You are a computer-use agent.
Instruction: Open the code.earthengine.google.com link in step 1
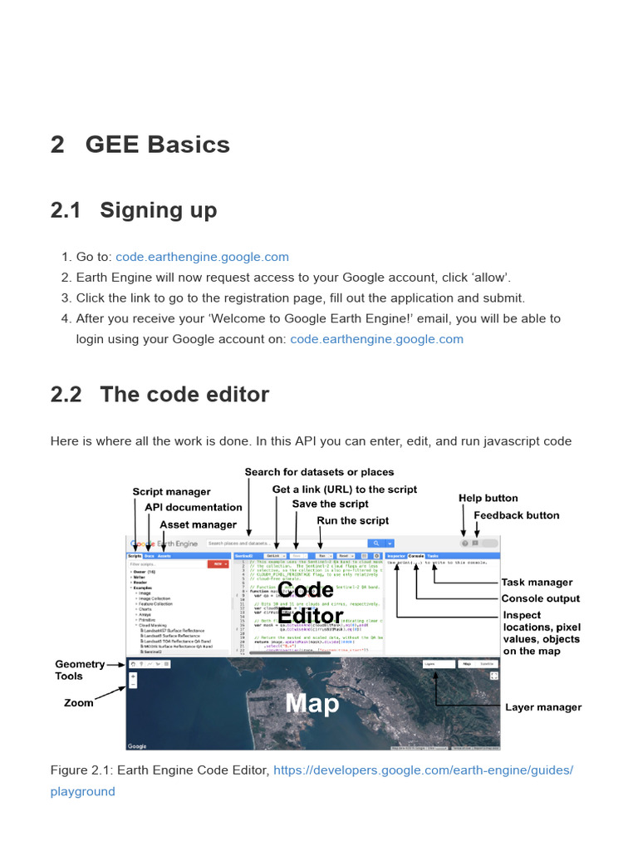(202, 258)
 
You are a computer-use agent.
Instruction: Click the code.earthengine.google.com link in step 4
(376, 339)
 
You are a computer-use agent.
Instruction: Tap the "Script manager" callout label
(171, 492)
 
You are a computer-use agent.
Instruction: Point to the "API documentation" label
(194, 507)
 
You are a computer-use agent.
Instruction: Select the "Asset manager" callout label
(198, 524)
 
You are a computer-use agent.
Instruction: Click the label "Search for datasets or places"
(319, 472)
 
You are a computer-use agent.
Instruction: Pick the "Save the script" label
(330, 504)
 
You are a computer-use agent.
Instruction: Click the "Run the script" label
(353, 520)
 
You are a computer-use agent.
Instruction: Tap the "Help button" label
(488, 498)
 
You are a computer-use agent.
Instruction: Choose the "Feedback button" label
(516, 515)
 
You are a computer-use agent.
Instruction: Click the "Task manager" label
(537, 583)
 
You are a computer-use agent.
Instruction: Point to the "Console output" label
(540, 598)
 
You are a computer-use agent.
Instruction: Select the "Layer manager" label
(543, 707)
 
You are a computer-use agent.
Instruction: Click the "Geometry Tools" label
(80, 670)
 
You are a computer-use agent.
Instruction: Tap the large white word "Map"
(312, 704)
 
